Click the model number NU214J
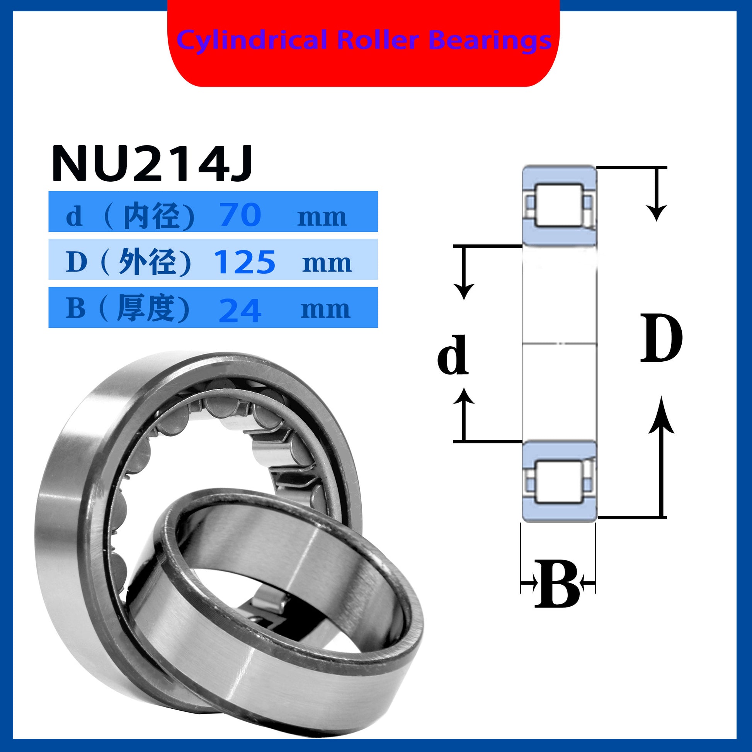tap(152, 163)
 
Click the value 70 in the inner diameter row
tap(240, 214)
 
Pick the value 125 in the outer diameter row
tap(245, 262)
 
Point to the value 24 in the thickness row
tap(240, 310)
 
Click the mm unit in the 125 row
tap(327, 264)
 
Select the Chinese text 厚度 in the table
tap(146, 308)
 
